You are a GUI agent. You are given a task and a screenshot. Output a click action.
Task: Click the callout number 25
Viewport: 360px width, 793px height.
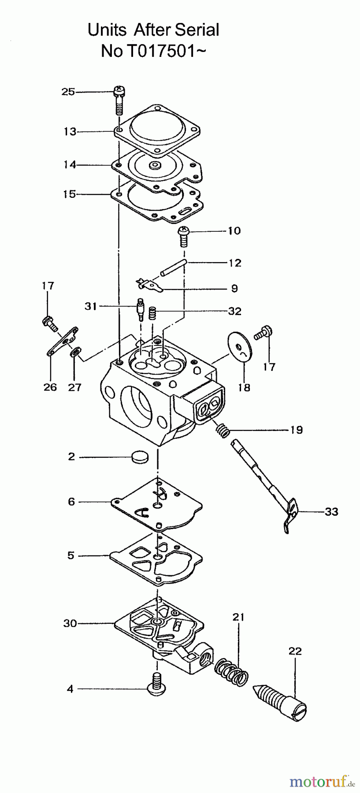click(x=68, y=92)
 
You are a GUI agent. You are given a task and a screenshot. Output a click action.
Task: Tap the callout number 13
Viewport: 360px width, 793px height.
click(x=70, y=131)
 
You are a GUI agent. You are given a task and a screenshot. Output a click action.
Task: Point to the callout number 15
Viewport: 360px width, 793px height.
click(x=70, y=194)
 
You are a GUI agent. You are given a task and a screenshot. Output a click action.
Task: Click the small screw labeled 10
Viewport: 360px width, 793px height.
click(x=183, y=236)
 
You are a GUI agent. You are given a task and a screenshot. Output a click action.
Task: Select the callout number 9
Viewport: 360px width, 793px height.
click(x=234, y=288)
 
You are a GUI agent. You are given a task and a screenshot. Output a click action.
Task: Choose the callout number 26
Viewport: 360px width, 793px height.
click(x=50, y=387)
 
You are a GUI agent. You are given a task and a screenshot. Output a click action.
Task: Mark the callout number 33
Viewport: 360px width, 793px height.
click(x=331, y=511)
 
